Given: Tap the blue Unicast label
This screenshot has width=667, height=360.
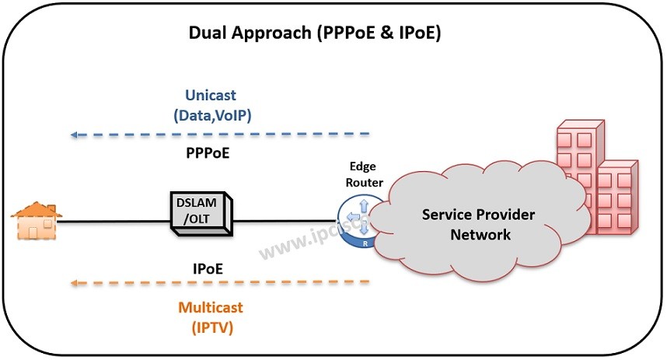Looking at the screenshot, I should click(x=210, y=95).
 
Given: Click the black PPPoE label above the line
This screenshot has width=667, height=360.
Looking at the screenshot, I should click(x=208, y=153).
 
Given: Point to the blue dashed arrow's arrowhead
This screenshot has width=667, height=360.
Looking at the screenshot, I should click(x=74, y=135).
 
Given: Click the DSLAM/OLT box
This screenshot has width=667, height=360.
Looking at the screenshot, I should click(x=198, y=211).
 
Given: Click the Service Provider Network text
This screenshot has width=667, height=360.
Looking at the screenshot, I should click(x=478, y=224).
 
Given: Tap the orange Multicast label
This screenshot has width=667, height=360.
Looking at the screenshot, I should click(x=211, y=307).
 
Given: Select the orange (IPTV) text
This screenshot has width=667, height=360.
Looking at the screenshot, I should click(x=211, y=327).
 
